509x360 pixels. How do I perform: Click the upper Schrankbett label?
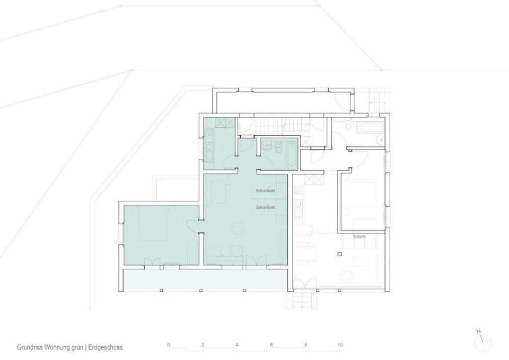(264, 190)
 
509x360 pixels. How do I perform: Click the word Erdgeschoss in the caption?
(106, 348)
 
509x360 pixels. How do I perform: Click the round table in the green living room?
(238, 227)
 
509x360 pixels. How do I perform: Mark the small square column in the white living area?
(339, 255)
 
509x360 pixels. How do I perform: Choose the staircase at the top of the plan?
(273, 125)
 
